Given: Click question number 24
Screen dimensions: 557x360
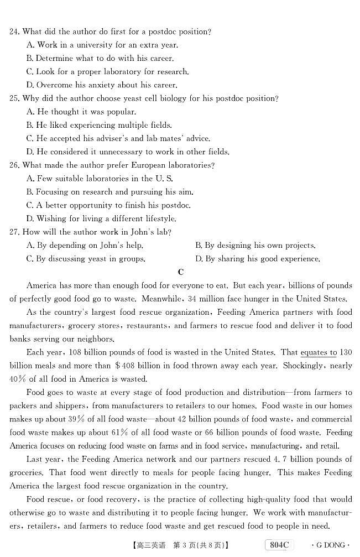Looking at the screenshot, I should (14, 32).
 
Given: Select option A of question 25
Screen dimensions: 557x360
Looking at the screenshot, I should (81, 112).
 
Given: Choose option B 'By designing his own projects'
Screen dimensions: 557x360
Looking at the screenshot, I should (255, 245).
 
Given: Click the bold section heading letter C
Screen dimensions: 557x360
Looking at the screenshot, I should (180, 272).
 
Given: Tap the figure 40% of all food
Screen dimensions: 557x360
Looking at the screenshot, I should (17, 379).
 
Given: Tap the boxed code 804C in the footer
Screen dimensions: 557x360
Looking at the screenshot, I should (279, 545).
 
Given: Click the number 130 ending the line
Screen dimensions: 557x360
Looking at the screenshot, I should (346, 352).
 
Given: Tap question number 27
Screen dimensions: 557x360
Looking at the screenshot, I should (14, 232).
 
